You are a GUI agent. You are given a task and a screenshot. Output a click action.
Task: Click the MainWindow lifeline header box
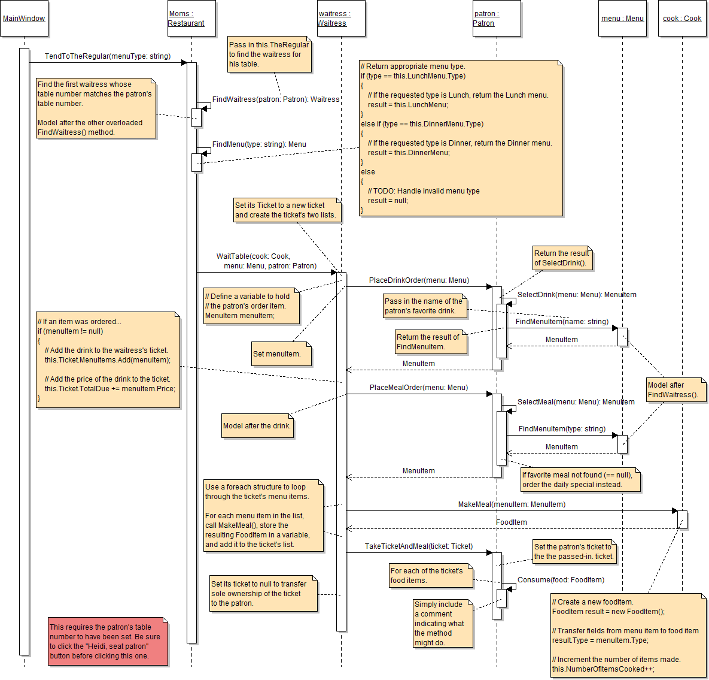(24, 19)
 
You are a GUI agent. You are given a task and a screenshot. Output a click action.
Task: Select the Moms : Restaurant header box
(191, 19)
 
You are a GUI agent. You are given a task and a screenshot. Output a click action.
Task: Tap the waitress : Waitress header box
(341, 19)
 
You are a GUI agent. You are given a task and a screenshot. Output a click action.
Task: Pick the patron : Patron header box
(497, 19)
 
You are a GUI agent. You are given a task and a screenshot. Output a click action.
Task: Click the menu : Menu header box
(622, 19)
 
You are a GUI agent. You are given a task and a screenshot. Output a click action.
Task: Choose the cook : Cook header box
(682, 19)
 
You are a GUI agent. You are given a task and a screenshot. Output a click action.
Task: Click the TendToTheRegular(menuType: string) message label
(108, 56)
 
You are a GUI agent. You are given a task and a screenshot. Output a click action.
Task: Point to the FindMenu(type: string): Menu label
(259, 144)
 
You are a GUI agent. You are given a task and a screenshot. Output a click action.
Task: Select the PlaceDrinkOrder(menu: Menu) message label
(419, 280)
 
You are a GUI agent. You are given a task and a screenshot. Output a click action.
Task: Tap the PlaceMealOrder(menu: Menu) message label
(419, 388)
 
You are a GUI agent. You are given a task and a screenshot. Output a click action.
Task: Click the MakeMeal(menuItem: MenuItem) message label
(512, 504)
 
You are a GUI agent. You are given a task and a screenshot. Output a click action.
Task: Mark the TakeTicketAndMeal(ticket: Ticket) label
(419, 546)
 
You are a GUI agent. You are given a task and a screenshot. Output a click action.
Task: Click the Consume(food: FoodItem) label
(561, 580)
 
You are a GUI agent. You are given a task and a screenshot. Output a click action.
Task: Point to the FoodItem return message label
(512, 522)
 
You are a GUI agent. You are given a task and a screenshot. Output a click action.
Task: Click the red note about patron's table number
(108, 641)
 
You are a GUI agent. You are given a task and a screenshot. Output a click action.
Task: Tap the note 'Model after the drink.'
(257, 426)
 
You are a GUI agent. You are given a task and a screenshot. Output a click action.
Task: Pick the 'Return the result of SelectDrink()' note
(562, 258)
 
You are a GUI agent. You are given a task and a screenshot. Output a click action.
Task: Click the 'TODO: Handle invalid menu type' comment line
(424, 191)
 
